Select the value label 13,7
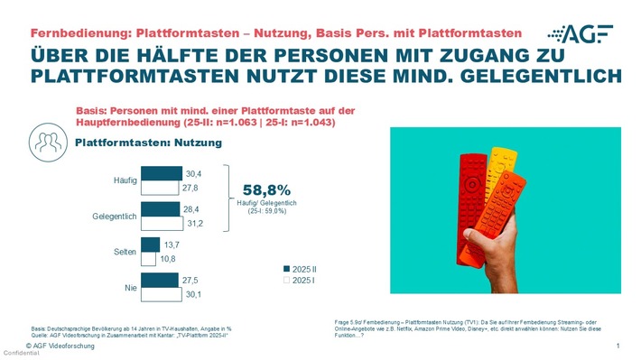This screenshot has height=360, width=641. coord(171,245)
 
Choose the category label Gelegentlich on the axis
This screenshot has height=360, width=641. coord(115,217)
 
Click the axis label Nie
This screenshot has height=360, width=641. coord(129,288)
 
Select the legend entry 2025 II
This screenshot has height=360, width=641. coord(306,268)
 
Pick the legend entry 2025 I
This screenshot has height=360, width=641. coord(304,281)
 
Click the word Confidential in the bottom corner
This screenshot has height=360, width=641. coord(17,353)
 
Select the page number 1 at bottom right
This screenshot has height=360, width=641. coord(618,346)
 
